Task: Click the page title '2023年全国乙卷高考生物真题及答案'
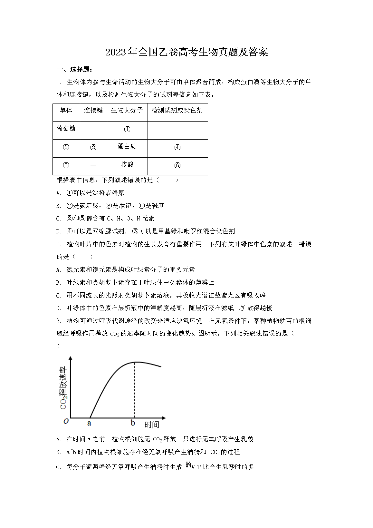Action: [x=186, y=52]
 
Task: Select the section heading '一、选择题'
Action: [x=75, y=69]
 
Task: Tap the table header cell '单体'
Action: [x=66, y=111]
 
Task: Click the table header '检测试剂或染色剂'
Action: [x=177, y=111]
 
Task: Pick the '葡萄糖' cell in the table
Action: [x=66, y=129]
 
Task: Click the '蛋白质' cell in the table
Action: [x=127, y=147]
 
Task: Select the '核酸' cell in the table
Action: [x=127, y=165]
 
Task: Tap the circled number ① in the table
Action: [x=127, y=129]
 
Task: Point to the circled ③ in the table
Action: [x=93, y=147]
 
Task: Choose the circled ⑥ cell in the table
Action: [x=177, y=166]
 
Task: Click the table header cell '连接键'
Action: [x=93, y=111]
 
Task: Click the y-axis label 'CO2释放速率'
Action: [x=64, y=387]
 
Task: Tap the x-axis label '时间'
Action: [x=151, y=425]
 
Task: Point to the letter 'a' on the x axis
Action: [x=89, y=423]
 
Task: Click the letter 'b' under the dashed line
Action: [x=133, y=423]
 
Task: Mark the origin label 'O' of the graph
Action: [x=66, y=421]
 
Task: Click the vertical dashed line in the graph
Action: [x=134, y=390]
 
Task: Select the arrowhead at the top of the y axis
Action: [x=71, y=358]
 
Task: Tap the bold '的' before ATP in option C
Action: [x=188, y=465]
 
